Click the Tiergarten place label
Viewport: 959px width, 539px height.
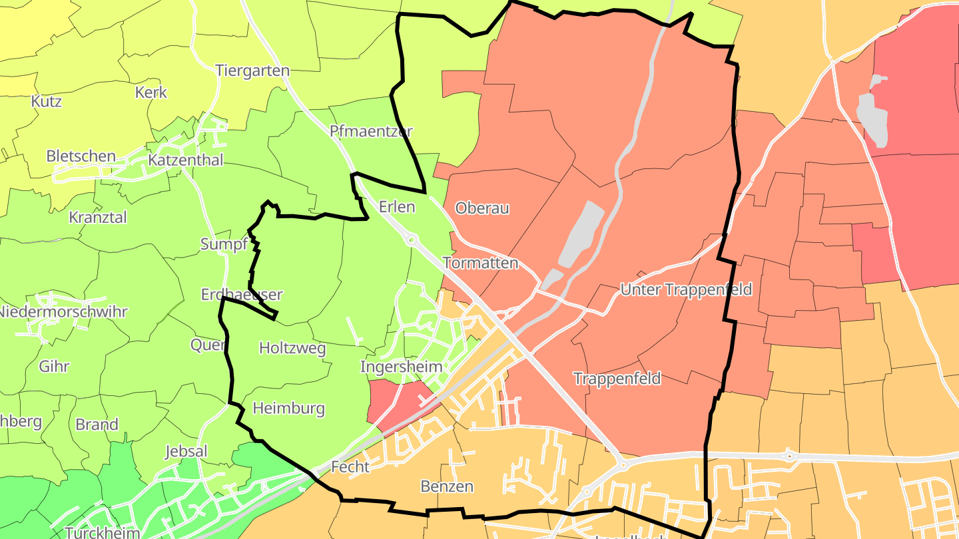(252, 71)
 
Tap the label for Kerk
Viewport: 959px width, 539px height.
(151, 92)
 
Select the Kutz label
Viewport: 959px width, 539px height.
(47, 101)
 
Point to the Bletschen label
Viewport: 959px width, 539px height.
(81, 156)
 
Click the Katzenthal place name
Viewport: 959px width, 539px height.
(186, 160)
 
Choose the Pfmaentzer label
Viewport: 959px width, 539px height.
(371, 131)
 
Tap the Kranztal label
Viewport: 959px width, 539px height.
(98, 218)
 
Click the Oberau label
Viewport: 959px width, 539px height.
(482, 208)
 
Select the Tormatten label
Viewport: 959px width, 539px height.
(480, 263)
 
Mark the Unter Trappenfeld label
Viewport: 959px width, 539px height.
(686, 289)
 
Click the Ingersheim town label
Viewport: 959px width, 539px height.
(401, 367)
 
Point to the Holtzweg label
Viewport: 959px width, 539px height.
(292, 347)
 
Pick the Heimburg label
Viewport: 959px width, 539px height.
(289, 408)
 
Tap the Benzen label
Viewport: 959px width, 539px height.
(447, 486)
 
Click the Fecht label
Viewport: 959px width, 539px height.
(350, 467)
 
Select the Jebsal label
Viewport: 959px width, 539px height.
(186, 451)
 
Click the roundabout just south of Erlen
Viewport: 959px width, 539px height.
(412, 240)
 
